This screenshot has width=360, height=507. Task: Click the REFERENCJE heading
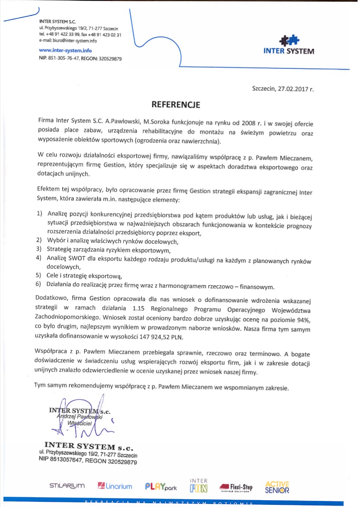pyautogui.click(x=176, y=104)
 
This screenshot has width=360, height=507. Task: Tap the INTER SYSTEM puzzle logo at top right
pyautogui.click(x=289, y=45)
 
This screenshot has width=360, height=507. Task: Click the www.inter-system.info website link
pyautogui.click(x=65, y=51)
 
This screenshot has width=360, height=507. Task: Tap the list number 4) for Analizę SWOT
pyautogui.click(x=38, y=258)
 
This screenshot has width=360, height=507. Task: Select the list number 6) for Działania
pyautogui.click(x=38, y=284)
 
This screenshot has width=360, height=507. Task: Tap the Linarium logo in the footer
pyautogui.click(x=115, y=486)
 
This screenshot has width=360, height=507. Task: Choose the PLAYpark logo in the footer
pyautogui.click(x=161, y=486)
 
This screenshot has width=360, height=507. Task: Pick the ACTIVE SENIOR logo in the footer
pyautogui.click(x=277, y=486)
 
